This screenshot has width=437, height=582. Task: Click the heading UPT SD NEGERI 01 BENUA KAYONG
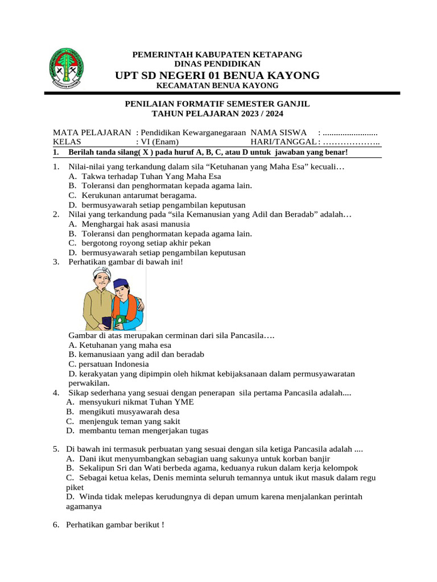tap(217, 76)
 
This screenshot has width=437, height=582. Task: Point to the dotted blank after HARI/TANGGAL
tap(352, 142)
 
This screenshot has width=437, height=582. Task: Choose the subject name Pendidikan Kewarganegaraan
tap(193, 132)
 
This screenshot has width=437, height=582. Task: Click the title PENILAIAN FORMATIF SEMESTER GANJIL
tap(217, 103)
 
